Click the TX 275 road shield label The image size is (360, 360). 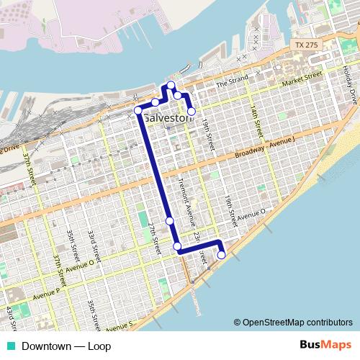point(305,45)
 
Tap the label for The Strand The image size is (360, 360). point(232,80)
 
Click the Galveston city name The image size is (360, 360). point(169,117)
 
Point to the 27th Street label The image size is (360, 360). point(154,237)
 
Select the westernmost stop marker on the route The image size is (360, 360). point(138,110)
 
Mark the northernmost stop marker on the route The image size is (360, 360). point(171,86)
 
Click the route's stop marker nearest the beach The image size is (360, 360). point(221,254)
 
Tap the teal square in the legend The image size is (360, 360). point(8,346)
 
